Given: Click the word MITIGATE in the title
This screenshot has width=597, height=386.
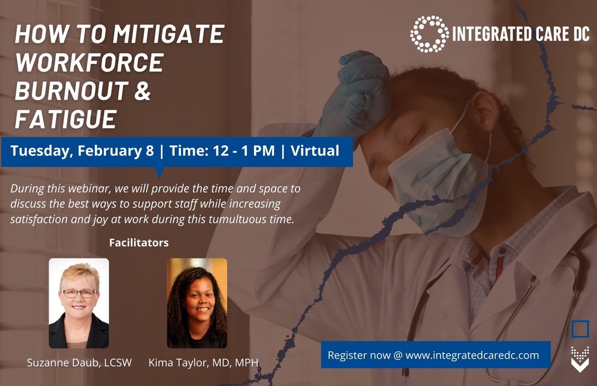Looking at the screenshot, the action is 169,34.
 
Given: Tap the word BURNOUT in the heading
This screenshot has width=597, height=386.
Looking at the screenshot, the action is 71,90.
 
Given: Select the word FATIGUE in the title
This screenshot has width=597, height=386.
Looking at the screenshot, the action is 66,119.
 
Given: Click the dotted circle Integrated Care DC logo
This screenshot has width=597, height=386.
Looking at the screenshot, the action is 429,34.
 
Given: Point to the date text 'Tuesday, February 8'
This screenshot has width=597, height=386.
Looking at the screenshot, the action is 82,151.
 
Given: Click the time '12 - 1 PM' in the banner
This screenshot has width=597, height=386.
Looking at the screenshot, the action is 243,151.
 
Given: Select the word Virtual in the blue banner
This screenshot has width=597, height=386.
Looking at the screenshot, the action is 315,151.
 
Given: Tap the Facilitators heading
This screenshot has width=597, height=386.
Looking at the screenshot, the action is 139,243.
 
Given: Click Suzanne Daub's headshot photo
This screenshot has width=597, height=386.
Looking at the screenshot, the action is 79,303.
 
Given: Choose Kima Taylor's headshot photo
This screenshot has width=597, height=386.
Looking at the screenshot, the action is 197,303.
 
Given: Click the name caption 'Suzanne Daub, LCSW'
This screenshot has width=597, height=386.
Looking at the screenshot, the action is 79,362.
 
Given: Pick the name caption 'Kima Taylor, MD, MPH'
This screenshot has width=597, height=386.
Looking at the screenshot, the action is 203,362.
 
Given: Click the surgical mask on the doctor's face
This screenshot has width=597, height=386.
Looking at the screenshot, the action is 438,179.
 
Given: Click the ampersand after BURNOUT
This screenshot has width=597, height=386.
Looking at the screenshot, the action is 142,90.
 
